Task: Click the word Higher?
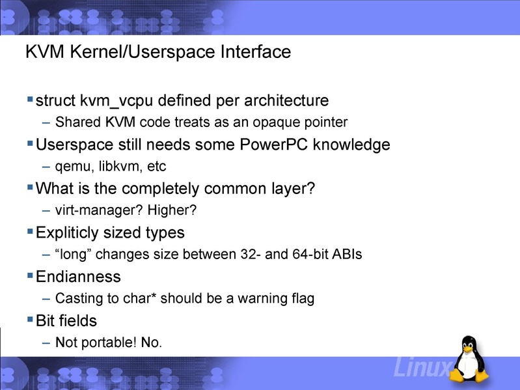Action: [x=172, y=210]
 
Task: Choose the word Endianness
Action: [x=78, y=277]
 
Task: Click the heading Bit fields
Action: [x=66, y=321]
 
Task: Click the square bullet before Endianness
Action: [x=30, y=276]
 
